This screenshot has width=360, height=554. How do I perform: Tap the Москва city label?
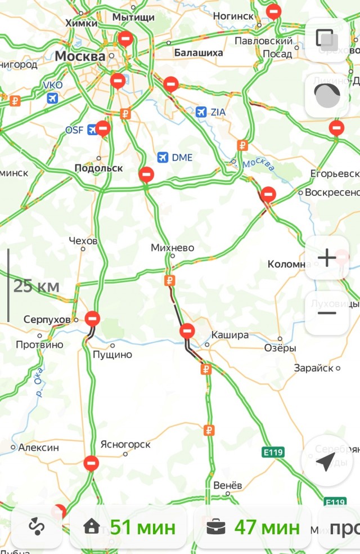click(80, 57)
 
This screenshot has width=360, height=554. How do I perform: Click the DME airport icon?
click(163, 157)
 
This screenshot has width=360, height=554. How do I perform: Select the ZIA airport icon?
click(201, 112)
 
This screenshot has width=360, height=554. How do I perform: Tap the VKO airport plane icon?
click(53, 99)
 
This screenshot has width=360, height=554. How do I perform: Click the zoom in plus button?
click(327, 258)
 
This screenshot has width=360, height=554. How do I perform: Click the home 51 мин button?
click(128, 528)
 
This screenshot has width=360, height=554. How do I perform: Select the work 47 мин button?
click(253, 528)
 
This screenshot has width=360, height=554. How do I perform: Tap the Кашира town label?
click(229, 335)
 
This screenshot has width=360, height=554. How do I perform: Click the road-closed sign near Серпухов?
click(93, 319)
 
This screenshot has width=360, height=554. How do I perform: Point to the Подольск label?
click(98, 168)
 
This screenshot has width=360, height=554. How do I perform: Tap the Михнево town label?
click(172, 248)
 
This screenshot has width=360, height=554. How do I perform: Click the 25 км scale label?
click(37, 286)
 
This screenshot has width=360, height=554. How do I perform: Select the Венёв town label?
click(228, 485)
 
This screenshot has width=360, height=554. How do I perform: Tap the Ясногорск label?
click(125, 444)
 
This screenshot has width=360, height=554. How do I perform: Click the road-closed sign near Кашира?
click(187, 330)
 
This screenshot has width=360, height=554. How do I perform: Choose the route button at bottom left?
click(37, 528)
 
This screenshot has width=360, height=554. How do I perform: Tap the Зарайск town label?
click(314, 368)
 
